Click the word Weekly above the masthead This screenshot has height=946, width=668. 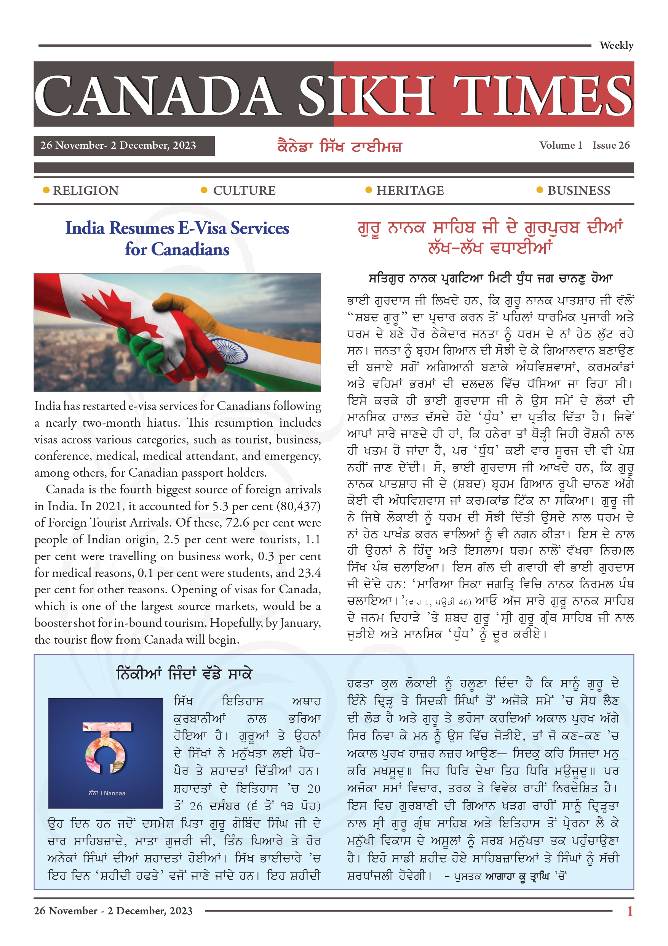pos(616,45)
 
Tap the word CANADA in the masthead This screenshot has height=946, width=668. pos(157,96)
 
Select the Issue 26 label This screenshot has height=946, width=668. pos(611,145)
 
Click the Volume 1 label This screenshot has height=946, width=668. pos(561,145)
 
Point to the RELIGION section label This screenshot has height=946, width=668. pos(86,190)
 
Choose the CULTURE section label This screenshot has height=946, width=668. pos(244,190)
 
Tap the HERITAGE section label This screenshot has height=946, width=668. pos(410,190)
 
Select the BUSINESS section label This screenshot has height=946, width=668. pos(579,190)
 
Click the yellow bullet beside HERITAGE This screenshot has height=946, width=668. pos(369,190)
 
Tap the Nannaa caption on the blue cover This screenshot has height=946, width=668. pos(107,793)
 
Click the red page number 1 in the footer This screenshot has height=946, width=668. pos(629,911)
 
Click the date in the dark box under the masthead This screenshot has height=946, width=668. pos(118,145)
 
